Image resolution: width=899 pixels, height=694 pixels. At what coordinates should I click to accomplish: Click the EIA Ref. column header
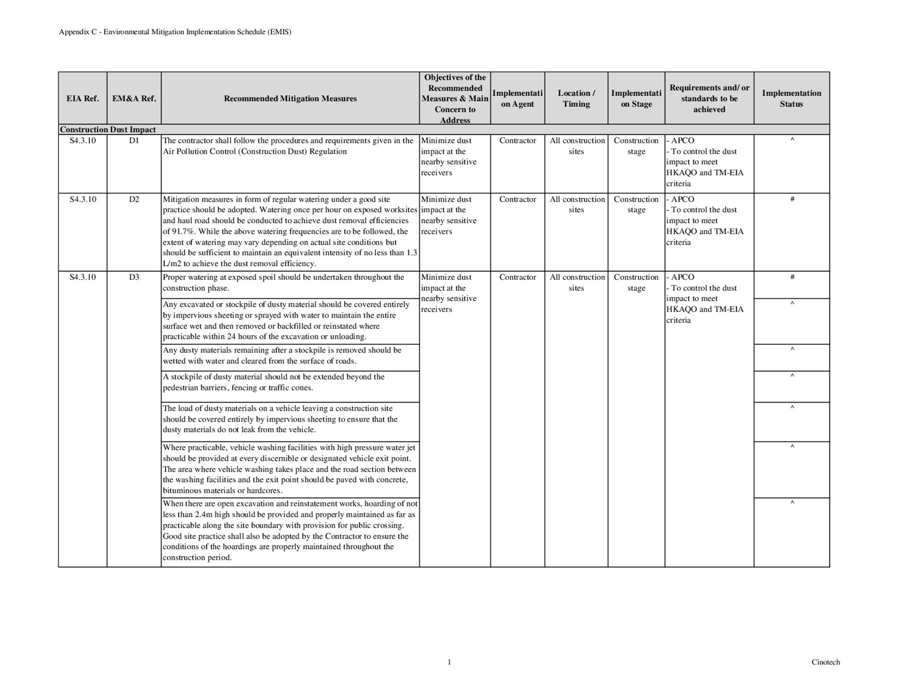(x=82, y=98)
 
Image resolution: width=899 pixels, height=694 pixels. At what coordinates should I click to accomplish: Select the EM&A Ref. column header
(x=134, y=98)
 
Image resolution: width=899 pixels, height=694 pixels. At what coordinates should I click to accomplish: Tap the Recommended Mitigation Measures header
(x=290, y=98)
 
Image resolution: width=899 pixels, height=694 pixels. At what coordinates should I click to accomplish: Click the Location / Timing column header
(x=576, y=98)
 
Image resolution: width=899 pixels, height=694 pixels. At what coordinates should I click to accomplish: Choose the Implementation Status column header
(x=791, y=98)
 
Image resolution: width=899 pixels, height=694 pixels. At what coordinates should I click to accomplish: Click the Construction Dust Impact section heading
(x=108, y=129)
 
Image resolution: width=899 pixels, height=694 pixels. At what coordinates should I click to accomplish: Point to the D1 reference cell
(x=134, y=140)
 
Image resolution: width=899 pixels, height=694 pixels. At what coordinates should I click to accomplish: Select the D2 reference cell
(x=134, y=199)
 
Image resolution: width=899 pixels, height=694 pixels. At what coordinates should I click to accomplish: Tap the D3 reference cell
(x=134, y=277)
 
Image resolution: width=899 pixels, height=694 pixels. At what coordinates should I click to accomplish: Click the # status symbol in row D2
(x=792, y=199)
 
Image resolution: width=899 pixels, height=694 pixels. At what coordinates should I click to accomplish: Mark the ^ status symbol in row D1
(x=792, y=140)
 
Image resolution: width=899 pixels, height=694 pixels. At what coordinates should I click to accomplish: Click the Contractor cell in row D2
(x=517, y=199)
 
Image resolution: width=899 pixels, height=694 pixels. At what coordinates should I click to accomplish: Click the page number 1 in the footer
(x=449, y=662)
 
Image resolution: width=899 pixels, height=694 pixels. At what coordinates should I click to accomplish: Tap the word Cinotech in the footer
(x=825, y=662)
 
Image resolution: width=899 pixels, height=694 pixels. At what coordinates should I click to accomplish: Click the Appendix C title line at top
(x=175, y=32)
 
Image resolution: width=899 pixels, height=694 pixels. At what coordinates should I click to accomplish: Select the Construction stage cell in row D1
(x=636, y=146)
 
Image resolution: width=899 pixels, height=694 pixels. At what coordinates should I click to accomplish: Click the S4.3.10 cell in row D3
(x=82, y=277)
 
